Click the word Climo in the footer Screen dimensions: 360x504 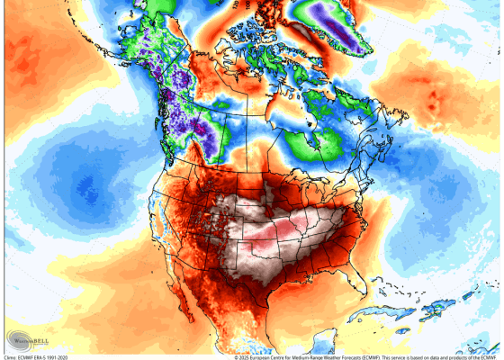coord(11,356)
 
